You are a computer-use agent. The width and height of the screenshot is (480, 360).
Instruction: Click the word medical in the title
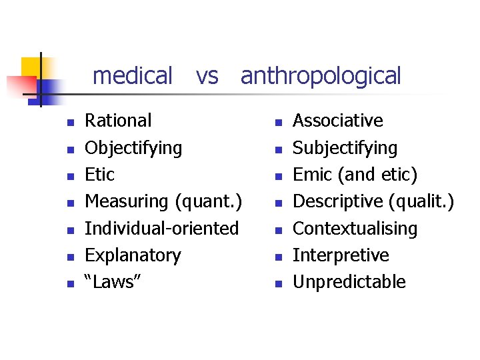point(132,76)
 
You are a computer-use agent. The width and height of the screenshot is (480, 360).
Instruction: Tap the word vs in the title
point(207,77)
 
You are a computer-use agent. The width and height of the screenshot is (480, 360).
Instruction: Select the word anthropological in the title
point(321,77)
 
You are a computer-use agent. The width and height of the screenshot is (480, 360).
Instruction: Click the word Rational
point(118,121)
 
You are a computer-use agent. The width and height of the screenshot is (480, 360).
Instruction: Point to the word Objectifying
point(133,148)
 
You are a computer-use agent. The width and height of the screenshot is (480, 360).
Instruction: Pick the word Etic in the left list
point(100,175)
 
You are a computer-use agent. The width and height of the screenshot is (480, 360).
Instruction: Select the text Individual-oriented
point(161,229)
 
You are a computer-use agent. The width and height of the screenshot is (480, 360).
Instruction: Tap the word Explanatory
point(133,255)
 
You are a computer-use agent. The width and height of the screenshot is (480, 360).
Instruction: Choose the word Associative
point(338,121)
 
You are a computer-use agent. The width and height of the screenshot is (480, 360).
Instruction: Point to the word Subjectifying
point(345,148)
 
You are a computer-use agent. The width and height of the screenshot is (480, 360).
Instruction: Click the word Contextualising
point(355,229)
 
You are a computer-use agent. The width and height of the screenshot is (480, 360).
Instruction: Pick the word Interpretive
point(341,255)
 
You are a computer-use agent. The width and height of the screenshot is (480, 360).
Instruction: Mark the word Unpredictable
point(349,282)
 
